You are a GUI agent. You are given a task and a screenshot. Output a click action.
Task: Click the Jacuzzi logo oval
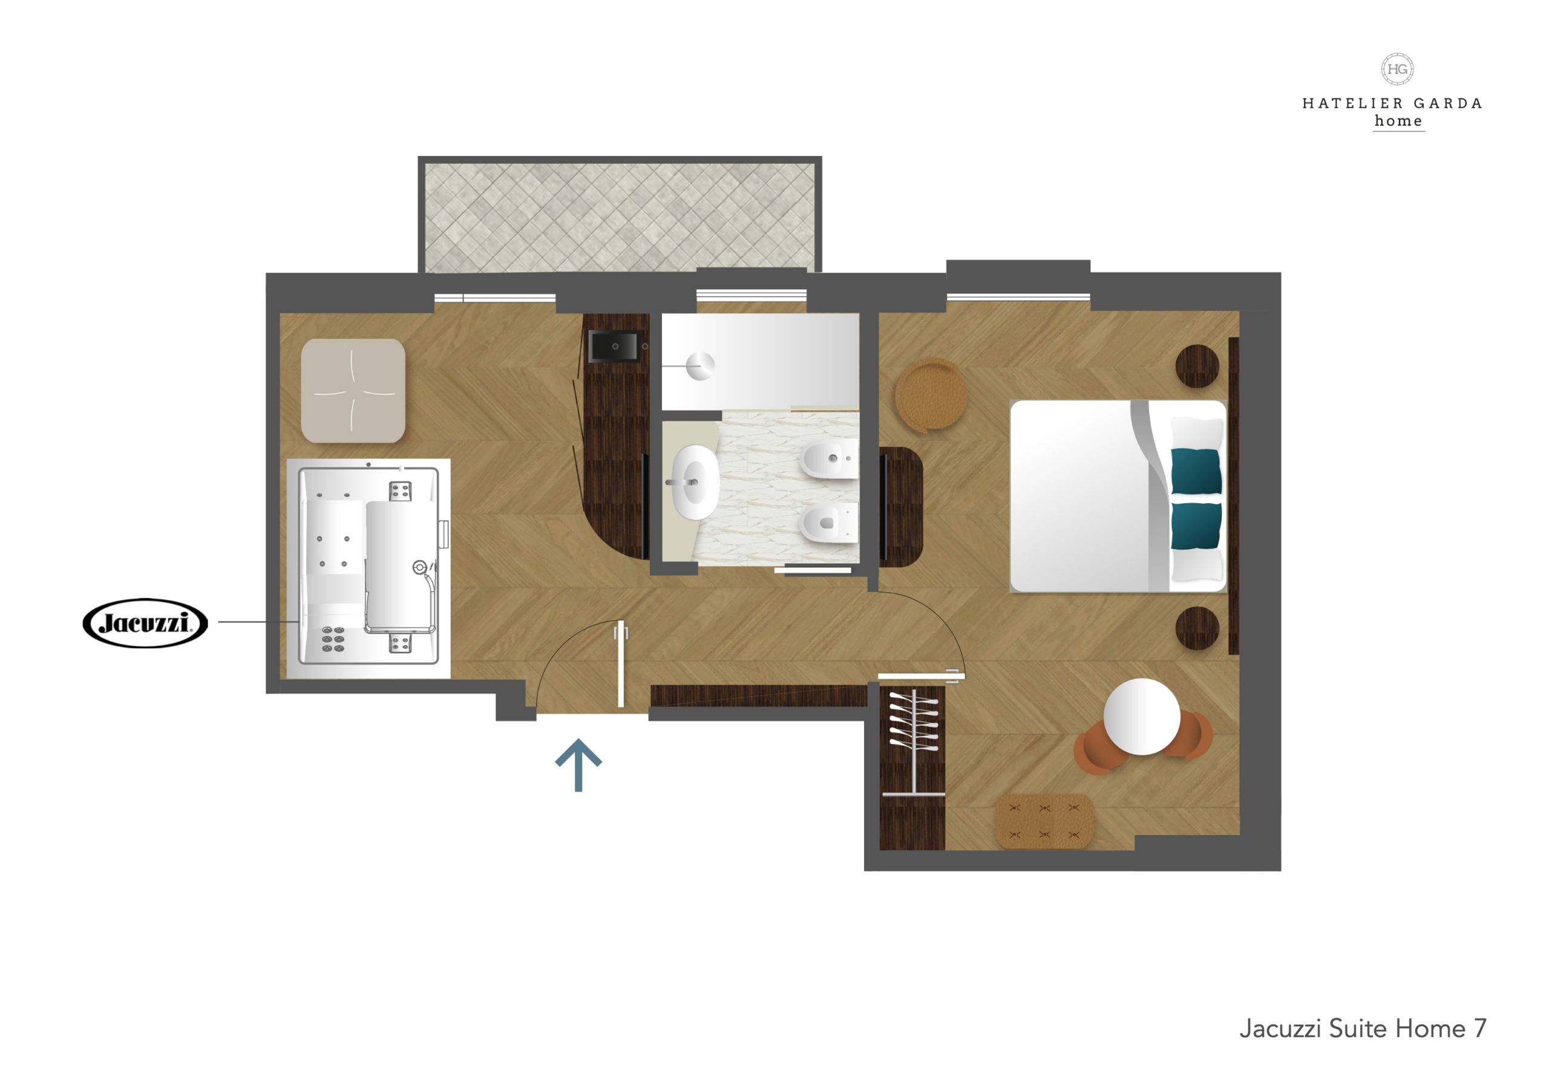click(145, 624)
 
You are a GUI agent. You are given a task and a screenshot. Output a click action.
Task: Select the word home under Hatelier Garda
click(1398, 122)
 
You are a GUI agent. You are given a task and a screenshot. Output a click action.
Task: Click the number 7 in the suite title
click(1475, 1028)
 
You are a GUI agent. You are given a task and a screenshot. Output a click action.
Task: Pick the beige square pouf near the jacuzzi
click(352, 391)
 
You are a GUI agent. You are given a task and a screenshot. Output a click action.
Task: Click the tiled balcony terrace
click(620, 215)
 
